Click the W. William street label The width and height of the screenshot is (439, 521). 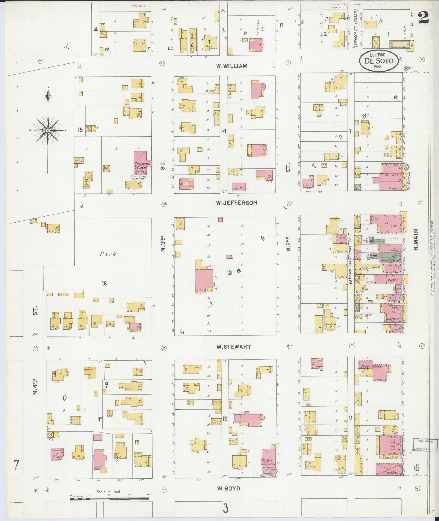click(232, 66)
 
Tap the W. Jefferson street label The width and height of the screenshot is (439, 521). click(237, 203)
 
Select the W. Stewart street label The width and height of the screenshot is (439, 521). click(234, 347)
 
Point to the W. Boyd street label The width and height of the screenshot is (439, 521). click(228, 488)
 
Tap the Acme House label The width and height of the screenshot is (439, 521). click(372, 367)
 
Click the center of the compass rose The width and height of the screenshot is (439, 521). click(48, 130)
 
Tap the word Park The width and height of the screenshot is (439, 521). click(108, 254)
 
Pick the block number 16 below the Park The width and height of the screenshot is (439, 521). click(104, 284)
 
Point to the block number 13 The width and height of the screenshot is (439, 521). click(229, 272)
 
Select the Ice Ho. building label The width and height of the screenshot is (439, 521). click(340, 277)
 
